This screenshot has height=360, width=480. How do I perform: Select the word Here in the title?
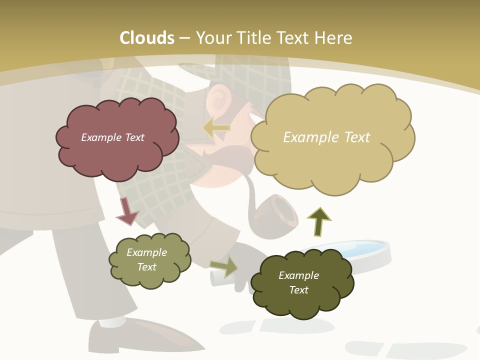pyautogui.click(x=334, y=38)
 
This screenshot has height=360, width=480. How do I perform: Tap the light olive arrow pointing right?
pyautogui.click(x=224, y=266)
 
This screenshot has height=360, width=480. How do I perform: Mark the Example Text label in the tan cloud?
pyautogui.click(x=326, y=137)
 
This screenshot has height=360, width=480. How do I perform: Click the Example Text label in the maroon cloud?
pyautogui.click(x=112, y=137)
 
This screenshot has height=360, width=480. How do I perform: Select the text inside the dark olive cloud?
pyautogui.click(x=298, y=282)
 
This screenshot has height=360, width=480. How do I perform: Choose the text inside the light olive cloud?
pyautogui.click(x=146, y=259)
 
